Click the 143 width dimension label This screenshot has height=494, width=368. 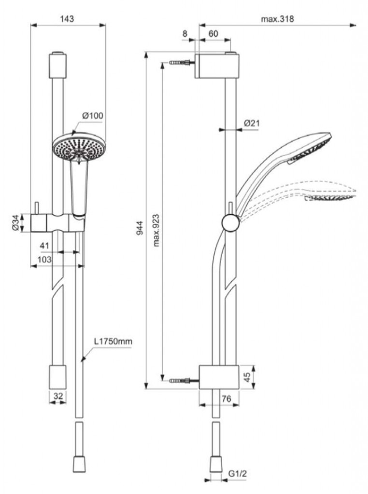click(x=67, y=19)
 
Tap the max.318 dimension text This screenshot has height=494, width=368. click(x=277, y=19)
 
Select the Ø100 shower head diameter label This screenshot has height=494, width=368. click(x=93, y=116)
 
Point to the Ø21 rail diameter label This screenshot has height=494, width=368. click(x=252, y=123)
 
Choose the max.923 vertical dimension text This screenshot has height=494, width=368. click(x=156, y=230)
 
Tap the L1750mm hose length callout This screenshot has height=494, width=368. click(x=113, y=342)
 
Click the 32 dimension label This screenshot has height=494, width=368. click(x=58, y=396)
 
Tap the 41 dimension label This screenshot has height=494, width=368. click(x=44, y=246)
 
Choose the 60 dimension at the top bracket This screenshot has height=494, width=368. click(x=213, y=34)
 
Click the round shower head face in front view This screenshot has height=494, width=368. click(x=77, y=148)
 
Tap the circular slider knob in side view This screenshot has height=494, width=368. click(x=230, y=223)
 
